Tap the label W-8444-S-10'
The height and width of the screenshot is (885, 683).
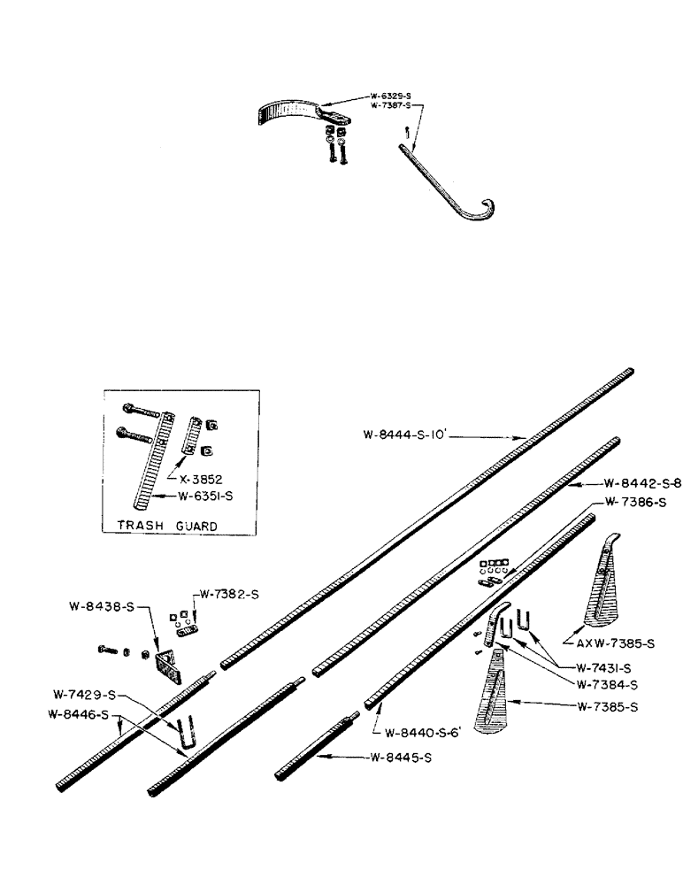[407, 435]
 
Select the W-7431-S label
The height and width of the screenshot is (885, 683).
[605, 667]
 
